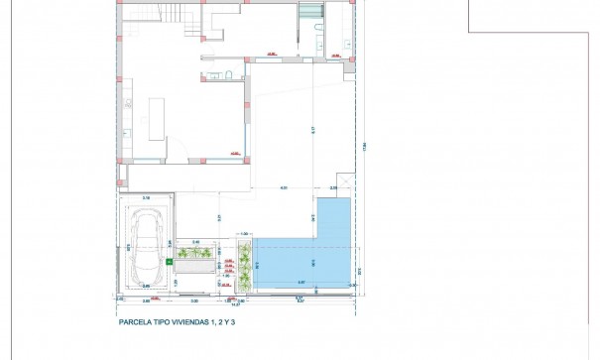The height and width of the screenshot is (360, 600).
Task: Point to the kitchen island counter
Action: pos(157,118)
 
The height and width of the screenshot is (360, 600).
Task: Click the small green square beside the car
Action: pos(170,261)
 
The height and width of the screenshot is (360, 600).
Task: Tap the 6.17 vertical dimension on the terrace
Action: pos(310,129)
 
